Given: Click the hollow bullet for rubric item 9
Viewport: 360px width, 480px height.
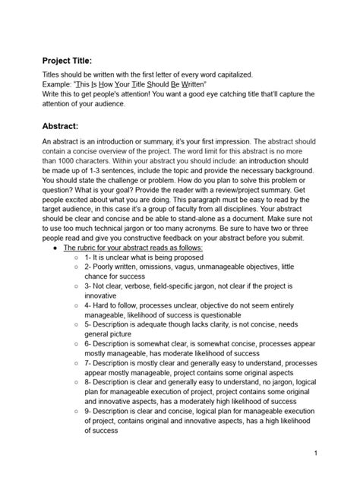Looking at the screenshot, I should click(x=77, y=410).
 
